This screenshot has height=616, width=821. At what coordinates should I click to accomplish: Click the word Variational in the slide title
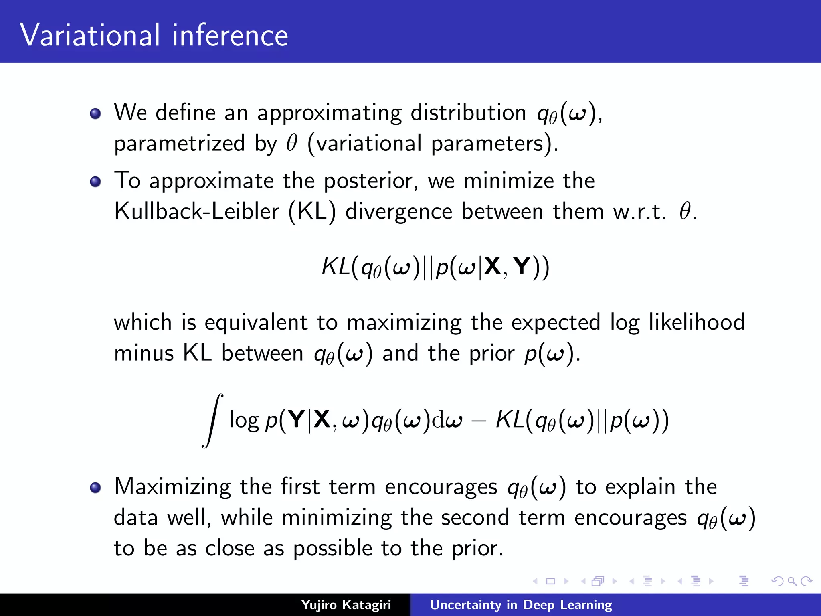(x=90, y=35)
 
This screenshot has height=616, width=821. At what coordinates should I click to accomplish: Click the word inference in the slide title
(x=230, y=35)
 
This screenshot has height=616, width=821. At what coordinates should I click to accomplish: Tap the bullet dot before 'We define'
(x=95, y=113)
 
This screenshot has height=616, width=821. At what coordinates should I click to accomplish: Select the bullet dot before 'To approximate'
(x=95, y=182)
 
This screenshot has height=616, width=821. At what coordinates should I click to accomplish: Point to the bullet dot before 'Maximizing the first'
(x=95, y=488)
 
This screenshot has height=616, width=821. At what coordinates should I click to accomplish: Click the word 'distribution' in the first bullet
(x=468, y=112)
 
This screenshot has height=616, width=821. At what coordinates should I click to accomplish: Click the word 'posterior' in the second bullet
(x=368, y=181)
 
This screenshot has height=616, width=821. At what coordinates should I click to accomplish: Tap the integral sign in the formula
(x=212, y=420)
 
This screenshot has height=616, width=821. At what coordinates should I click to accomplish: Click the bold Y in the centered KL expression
(x=522, y=266)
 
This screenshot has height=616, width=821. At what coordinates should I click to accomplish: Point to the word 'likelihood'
(x=697, y=322)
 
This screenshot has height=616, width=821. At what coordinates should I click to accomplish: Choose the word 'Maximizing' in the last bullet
(x=172, y=487)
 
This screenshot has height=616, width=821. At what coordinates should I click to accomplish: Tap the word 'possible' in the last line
(x=333, y=549)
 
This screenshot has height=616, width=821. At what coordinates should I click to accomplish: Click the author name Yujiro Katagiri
(x=346, y=605)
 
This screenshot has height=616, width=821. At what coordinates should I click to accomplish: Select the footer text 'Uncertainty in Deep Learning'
(x=521, y=605)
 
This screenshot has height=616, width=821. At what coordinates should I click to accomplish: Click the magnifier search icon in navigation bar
(x=792, y=581)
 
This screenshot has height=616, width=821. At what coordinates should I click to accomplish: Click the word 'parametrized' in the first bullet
(x=179, y=144)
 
